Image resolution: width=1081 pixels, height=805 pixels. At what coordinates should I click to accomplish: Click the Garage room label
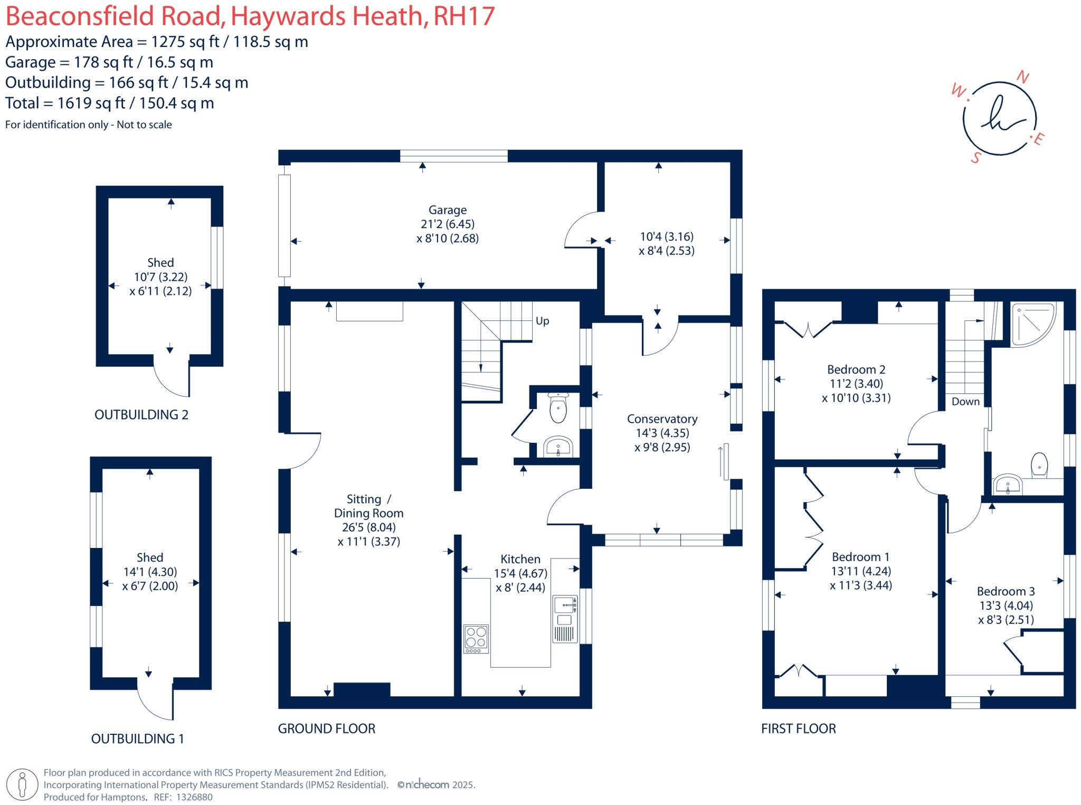click(447, 210)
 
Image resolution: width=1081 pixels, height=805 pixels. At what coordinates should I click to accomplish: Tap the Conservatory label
click(662, 419)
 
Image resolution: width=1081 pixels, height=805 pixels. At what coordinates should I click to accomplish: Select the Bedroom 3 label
click(1006, 591)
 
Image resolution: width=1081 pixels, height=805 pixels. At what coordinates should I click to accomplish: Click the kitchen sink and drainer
click(564, 619)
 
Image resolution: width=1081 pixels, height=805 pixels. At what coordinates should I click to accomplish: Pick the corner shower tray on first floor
click(1032, 324)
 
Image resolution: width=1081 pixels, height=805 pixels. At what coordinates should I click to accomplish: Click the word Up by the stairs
click(542, 321)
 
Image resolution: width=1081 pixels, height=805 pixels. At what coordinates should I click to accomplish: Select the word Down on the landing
click(965, 401)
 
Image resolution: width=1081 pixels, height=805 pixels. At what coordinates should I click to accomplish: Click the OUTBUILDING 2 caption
click(141, 415)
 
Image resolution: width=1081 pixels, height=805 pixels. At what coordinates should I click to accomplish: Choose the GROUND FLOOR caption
click(326, 728)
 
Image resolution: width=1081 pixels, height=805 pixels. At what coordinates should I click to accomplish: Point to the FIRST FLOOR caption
click(798, 728)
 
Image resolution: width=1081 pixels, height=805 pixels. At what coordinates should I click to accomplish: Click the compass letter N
click(1022, 78)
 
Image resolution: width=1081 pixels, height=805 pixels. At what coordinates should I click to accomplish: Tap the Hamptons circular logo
click(999, 118)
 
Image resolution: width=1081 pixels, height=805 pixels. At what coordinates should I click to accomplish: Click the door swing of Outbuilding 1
click(156, 702)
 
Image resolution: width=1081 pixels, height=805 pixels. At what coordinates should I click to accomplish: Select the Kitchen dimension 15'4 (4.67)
click(520, 573)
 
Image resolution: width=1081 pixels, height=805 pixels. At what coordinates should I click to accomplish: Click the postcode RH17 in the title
click(463, 16)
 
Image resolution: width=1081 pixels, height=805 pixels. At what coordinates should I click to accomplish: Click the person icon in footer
click(22, 785)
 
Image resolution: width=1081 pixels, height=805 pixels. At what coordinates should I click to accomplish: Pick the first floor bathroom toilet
click(1039, 465)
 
